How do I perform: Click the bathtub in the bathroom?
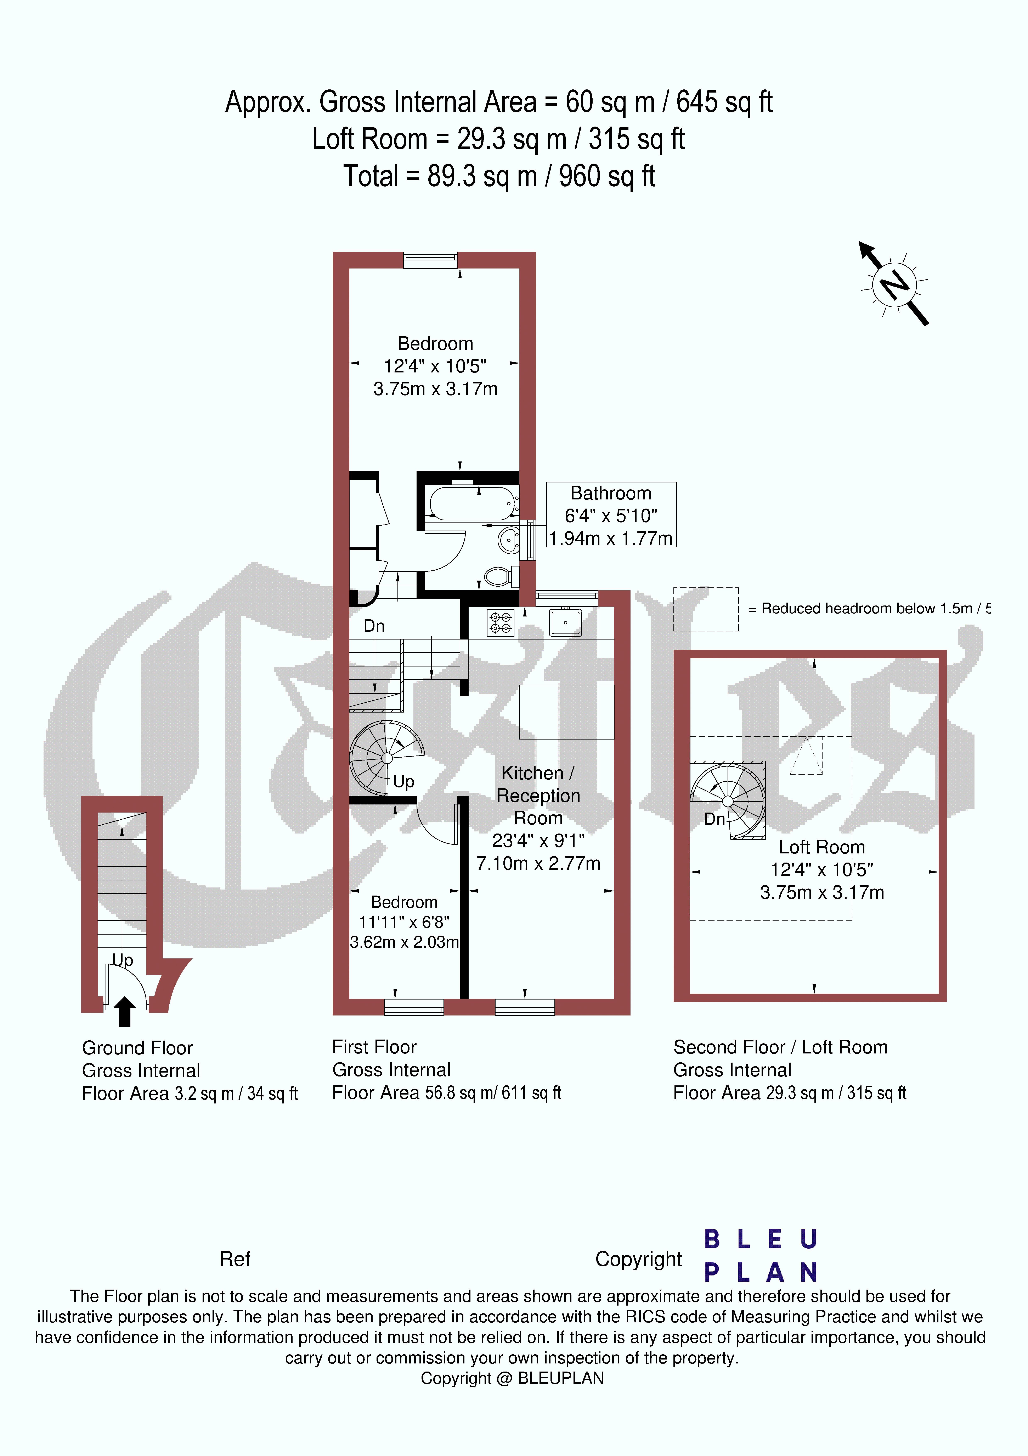472,504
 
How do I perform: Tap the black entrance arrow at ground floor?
124,1011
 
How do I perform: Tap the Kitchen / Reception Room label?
538,795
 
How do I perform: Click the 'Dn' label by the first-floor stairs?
374,626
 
